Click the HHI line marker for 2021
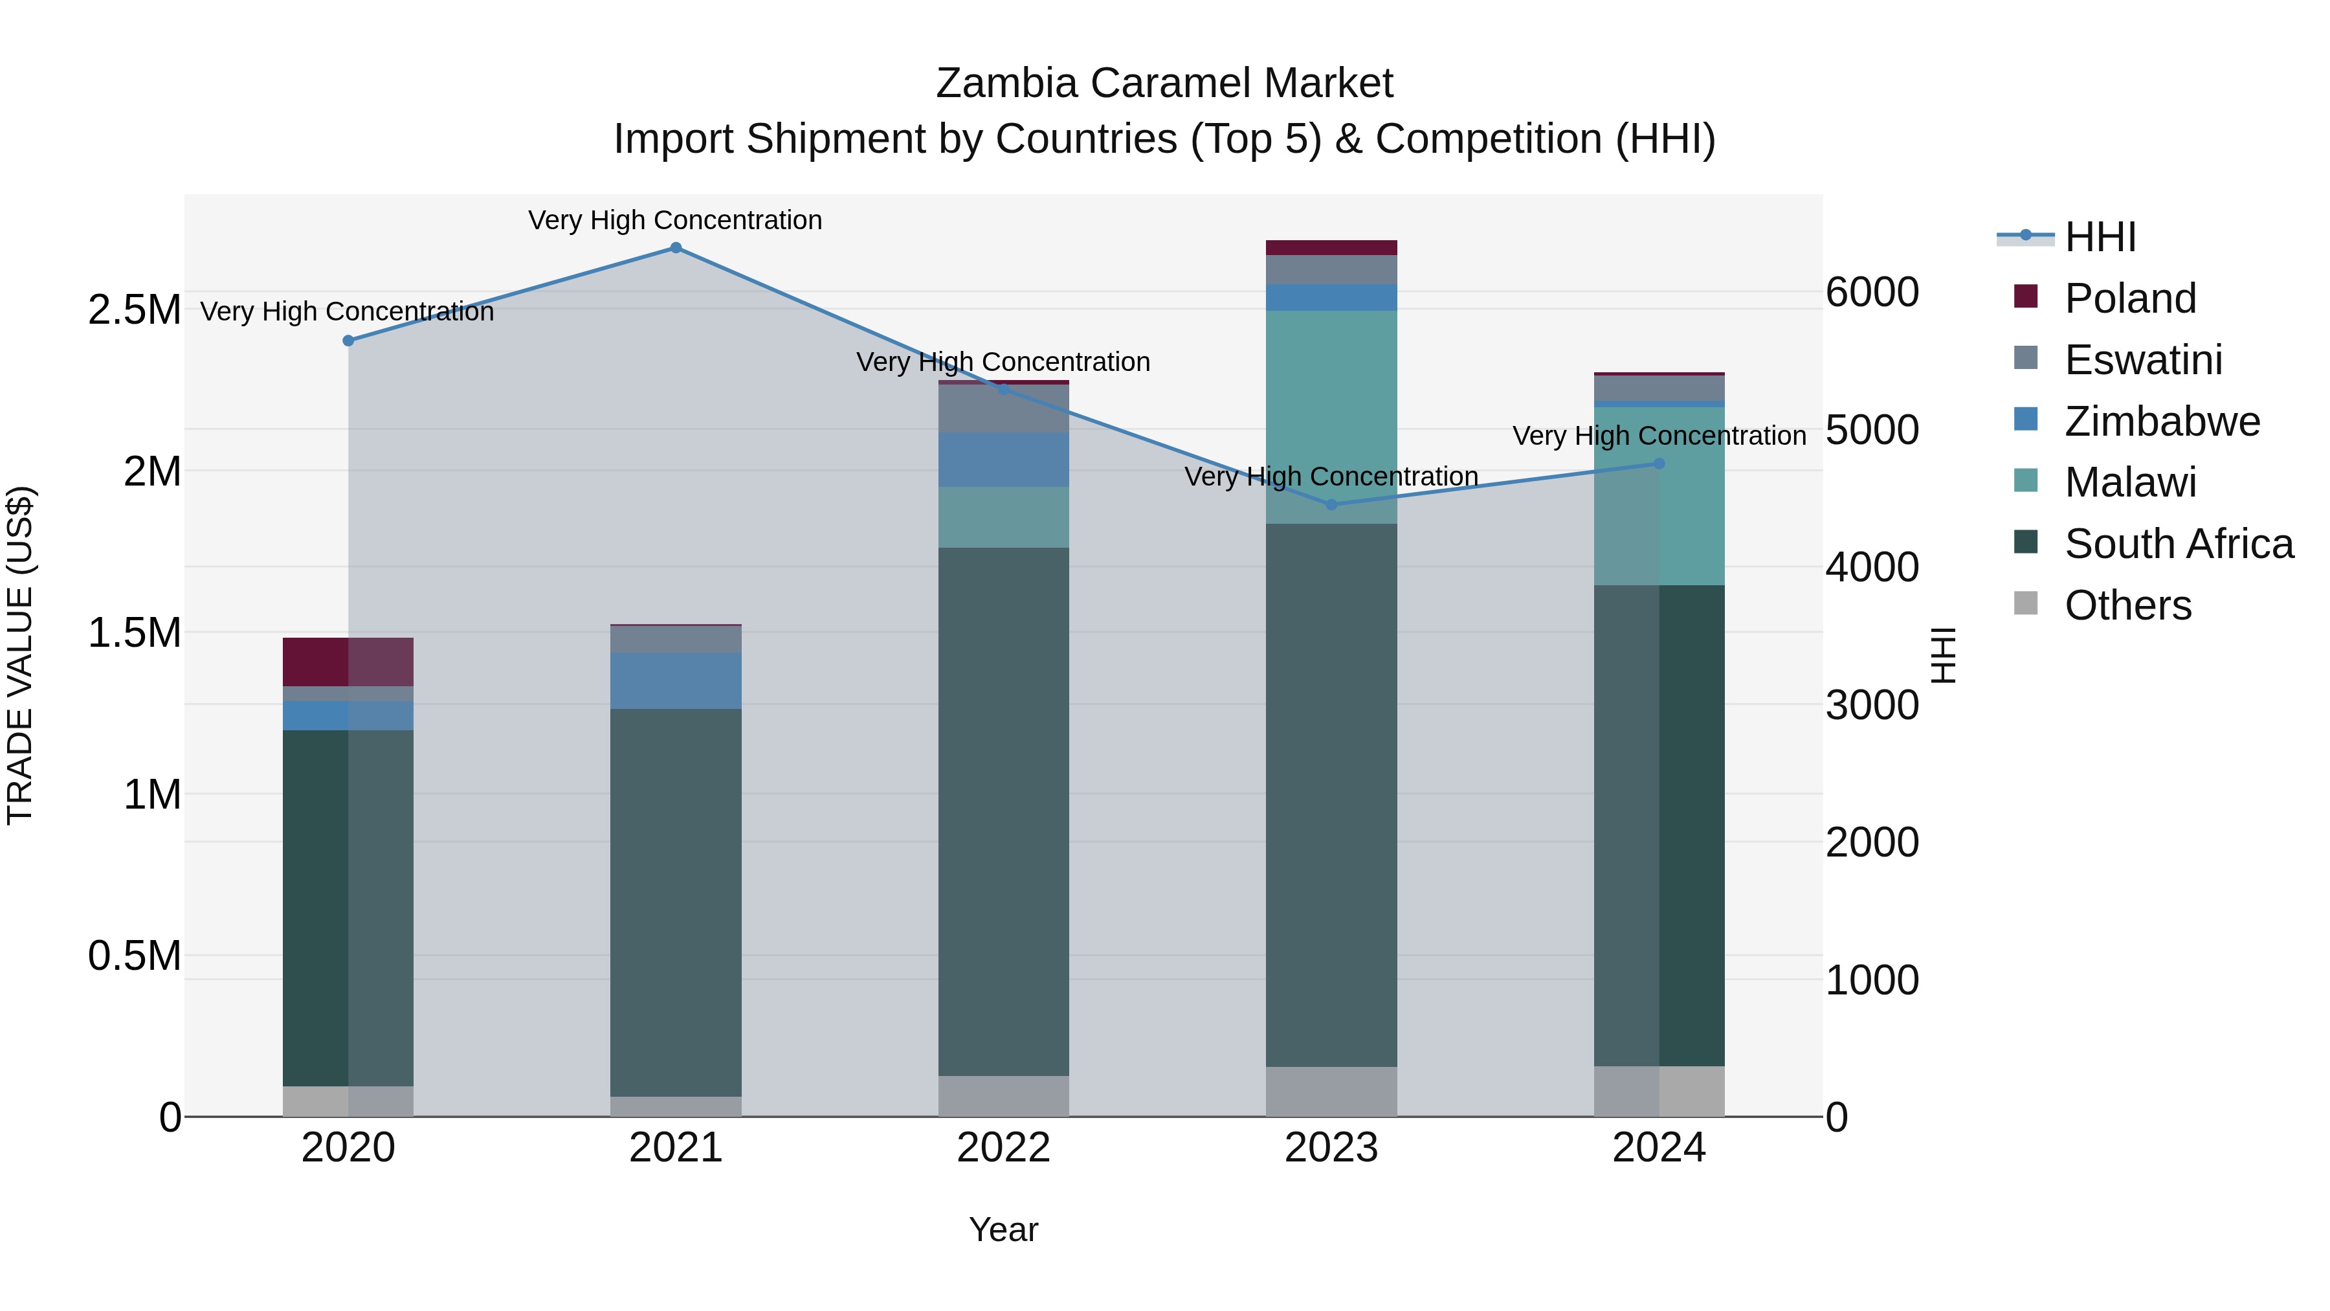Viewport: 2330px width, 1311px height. pyautogui.click(x=676, y=248)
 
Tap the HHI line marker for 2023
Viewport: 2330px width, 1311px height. pyautogui.click(x=1331, y=505)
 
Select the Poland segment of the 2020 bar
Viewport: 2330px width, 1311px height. pyautogui.click(x=348, y=662)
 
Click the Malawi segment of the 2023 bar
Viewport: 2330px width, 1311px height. pyautogui.click(x=1331, y=417)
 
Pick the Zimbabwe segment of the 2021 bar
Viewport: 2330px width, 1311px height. pyautogui.click(x=676, y=681)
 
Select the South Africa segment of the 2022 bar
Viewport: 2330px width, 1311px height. pyautogui.click(x=1003, y=812)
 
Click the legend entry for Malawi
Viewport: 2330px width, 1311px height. pyautogui.click(x=2130, y=483)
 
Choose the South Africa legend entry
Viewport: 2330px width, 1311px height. pyautogui.click(x=2178, y=544)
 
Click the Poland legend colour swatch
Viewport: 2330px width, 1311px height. pyautogui.click(x=2026, y=297)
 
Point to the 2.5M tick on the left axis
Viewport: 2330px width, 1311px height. pyautogui.click(x=134, y=310)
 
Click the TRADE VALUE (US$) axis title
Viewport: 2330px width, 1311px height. pyautogui.click(x=20, y=655)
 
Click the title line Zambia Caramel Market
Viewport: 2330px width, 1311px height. pyautogui.click(x=1164, y=84)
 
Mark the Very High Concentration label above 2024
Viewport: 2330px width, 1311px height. pyautogui.click(x=1659, y=436)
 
